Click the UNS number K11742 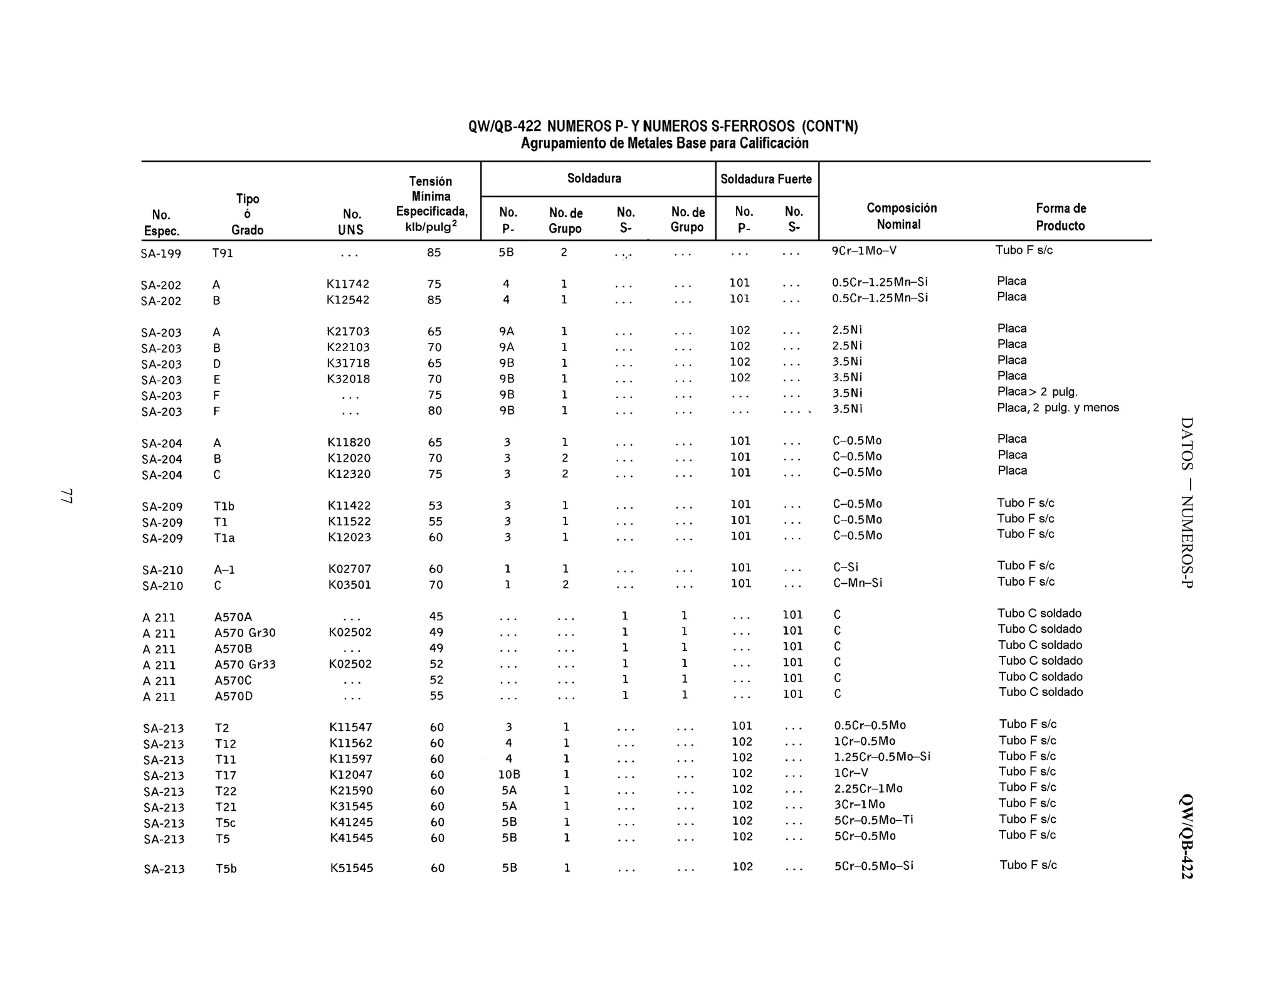[x=348, y=284]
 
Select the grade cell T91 [x=223, y=253]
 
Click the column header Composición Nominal [x=901, y=216]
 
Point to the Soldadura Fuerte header [x=766, y=179]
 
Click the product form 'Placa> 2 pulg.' [x=1037, y=392]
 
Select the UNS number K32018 [x=349, y=379]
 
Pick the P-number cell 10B [x=509, y=774]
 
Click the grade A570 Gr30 [x=245, y=633]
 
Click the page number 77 [x=66, y=496]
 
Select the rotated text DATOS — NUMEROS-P [x=1187, y=502]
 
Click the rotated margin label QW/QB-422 [x=1187, y=836]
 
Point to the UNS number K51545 [x=352, y=868]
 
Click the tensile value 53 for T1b [x=435, y=505]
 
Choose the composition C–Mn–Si [x=857, y=583]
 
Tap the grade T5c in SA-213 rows [x=226, y=823]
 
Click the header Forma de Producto [x=1060, y=217]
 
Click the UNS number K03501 [x=350, y=585]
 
